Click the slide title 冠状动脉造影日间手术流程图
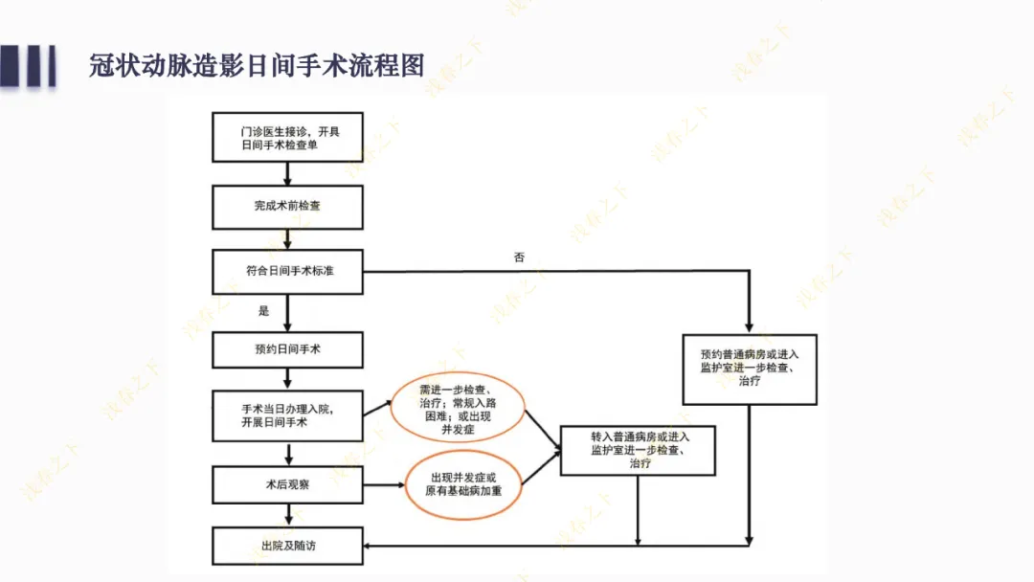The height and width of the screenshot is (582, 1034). tap(257, 66)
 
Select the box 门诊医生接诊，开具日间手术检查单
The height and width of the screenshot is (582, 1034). tap(288, 138)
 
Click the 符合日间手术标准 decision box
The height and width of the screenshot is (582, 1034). tap(288, 271)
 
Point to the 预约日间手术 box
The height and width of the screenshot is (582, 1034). tap(288, 349)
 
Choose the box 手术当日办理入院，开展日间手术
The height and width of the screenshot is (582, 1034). tap(288, 415)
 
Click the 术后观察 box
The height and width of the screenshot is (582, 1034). tap(288, 484)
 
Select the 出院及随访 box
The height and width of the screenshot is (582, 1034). tap(288, 546)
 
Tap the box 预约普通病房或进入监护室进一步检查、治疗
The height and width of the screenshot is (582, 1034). tap(750, 369)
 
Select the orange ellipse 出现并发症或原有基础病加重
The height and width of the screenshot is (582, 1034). tap(463, 483)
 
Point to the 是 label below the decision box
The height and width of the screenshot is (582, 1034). tap(263, 311)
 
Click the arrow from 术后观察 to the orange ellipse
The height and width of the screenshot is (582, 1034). tap(383, 484)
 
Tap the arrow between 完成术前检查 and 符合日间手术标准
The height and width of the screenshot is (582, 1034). tap(287, 239)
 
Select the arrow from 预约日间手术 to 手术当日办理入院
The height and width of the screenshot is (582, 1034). tap(287, 379)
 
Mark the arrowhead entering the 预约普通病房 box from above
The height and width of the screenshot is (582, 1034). tap(750, 325)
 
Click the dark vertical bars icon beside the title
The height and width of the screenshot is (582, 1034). tap(28, 65)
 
